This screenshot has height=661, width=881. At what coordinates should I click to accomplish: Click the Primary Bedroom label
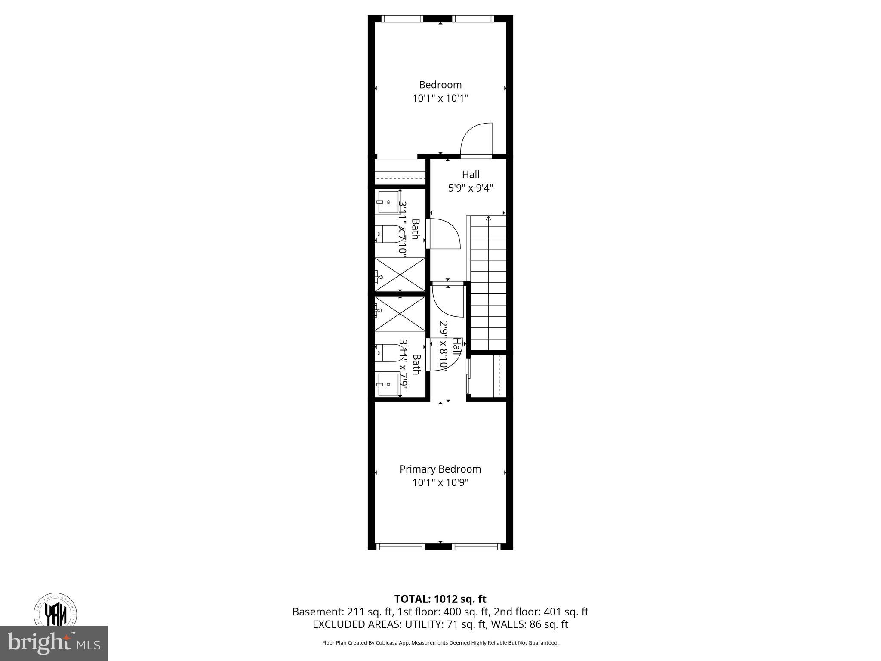[440, 469]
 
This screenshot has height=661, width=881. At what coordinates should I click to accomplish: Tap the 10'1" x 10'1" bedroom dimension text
[440, 99]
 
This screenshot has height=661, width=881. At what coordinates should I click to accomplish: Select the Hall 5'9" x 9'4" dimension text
[471, 188]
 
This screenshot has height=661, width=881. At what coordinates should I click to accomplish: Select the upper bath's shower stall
[400, 275]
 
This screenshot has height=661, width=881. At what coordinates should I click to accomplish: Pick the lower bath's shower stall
[400, 314]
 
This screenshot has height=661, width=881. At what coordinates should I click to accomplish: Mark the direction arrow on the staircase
[488, 219]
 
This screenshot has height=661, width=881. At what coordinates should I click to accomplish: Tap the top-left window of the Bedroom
[402, 19]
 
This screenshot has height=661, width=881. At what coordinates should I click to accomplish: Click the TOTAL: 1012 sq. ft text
[440, 599]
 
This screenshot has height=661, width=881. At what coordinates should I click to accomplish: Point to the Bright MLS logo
[54, 643]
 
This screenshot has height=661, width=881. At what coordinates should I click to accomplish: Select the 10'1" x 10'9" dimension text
[440, 483]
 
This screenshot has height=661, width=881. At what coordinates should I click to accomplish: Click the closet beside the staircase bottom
[488, 375]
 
